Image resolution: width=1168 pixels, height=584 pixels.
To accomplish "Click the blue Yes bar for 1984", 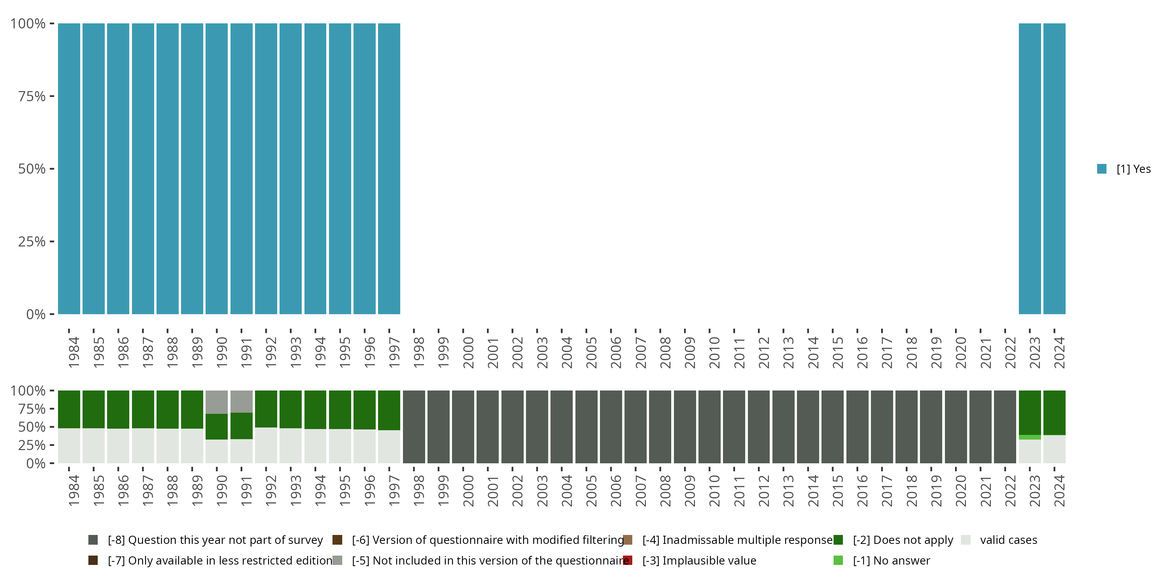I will click(x=69, y=169).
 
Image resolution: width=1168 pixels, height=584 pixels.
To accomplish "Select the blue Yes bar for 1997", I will click(x=389, y=169).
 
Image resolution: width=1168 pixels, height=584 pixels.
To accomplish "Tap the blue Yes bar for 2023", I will click(x=1030, y=169).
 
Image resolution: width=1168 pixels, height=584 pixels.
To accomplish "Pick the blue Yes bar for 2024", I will click(x=1054, y=169).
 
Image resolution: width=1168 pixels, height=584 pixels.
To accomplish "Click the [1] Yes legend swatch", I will click(x=1102, y=169).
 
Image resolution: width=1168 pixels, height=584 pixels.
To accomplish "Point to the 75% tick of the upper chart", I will click(x=52, y=96).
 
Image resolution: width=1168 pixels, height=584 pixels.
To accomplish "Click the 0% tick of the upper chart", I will click(x=52, y=314).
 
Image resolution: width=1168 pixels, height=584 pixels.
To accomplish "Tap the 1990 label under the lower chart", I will click(x=222, y=491).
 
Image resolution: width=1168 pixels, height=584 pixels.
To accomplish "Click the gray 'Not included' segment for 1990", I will click(x=217, y=402).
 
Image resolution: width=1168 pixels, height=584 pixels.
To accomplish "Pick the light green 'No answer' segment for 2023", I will click(x=1030, y=437).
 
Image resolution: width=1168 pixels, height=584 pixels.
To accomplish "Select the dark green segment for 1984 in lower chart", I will click(x=69, y=409).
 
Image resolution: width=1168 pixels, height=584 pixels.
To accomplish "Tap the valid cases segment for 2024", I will click(x=1054, y=449).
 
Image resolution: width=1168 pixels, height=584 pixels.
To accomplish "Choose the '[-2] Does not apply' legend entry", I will click(x=902, y=540).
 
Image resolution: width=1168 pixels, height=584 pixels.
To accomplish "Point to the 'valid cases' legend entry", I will click(x=1008, y=540).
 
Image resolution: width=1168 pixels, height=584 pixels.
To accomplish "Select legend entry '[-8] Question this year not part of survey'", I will click(x=215, y=540).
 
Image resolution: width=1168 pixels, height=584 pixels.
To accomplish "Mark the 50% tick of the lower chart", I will click(x=52, y=427).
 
